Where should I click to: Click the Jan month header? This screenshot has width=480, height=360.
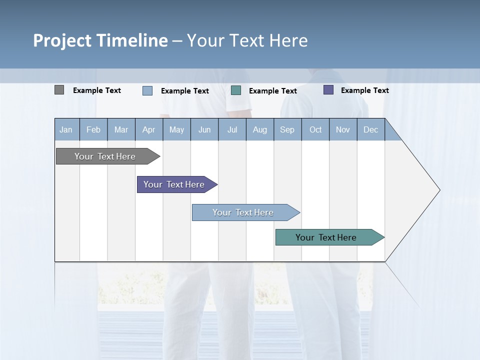coord(66,129)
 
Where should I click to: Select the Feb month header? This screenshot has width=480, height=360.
coord(93,129)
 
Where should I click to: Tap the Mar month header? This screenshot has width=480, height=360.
coord(121,129)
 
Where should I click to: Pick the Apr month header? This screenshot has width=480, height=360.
coord(149,129)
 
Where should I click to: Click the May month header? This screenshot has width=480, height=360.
coord(176,129)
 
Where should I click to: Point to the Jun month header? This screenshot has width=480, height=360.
coord(204,129)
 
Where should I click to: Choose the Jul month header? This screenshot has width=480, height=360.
coord(232,129)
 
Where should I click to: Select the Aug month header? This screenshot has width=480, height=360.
coord(260,129)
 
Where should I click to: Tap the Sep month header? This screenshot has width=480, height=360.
coord(287,129)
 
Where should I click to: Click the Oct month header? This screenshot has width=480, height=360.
coord(315,129)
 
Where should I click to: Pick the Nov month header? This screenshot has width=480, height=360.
coord(343,129)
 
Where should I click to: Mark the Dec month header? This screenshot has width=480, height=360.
coord(371,129)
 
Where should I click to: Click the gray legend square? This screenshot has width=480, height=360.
coord(59,90)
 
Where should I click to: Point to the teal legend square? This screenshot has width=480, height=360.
coord(236,90)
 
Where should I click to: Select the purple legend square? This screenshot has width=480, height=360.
coord(328,90)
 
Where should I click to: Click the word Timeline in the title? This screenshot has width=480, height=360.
coord(131,40)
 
